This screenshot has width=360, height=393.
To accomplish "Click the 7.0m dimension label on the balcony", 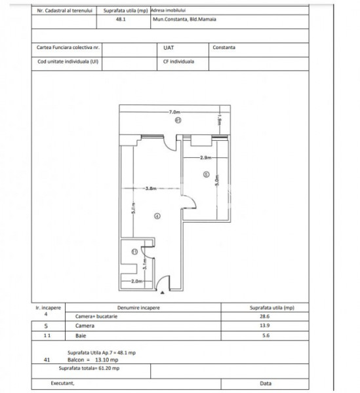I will click(x=173, y=112).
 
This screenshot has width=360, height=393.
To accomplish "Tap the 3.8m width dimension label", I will click(x=152, y=188).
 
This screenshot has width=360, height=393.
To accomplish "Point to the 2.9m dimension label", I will click(x=205, y=158).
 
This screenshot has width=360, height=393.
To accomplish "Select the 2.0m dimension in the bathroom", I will click(x=136, y=282).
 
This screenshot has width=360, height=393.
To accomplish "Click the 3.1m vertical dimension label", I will click(x=145, y=265).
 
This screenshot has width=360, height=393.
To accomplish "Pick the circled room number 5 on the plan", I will click(x=206, y=175).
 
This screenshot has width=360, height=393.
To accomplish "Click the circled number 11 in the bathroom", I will click(x=134, y=252).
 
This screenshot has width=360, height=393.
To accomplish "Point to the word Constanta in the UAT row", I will click(x=224, y=48).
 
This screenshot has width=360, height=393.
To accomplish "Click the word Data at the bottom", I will click(x=266, y=383).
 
